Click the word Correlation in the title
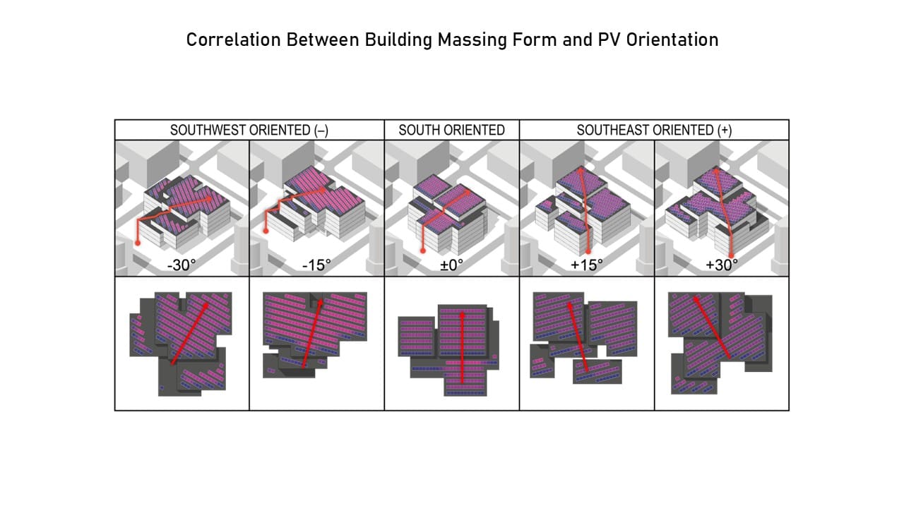pos(233,40)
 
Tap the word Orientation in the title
pos(672,40)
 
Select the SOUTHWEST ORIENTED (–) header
pos(249,130)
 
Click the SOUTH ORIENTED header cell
pos(451,130)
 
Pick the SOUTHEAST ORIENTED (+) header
pos(654,130)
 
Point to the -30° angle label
pos(182,265)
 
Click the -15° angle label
pos(316,265)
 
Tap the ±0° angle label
pos(451,265)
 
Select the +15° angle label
pos(587,265)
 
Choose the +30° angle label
pos(722,265)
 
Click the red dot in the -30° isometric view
pos(138,243)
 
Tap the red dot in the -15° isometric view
pos(266,231)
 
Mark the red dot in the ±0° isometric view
pos(423,250)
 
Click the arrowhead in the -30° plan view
pos(206,306)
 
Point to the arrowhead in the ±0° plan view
pos(463,315)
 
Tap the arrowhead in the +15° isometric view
pos(581,171)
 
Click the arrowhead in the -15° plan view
pos(321,302)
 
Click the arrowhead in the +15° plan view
pos(569,306)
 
